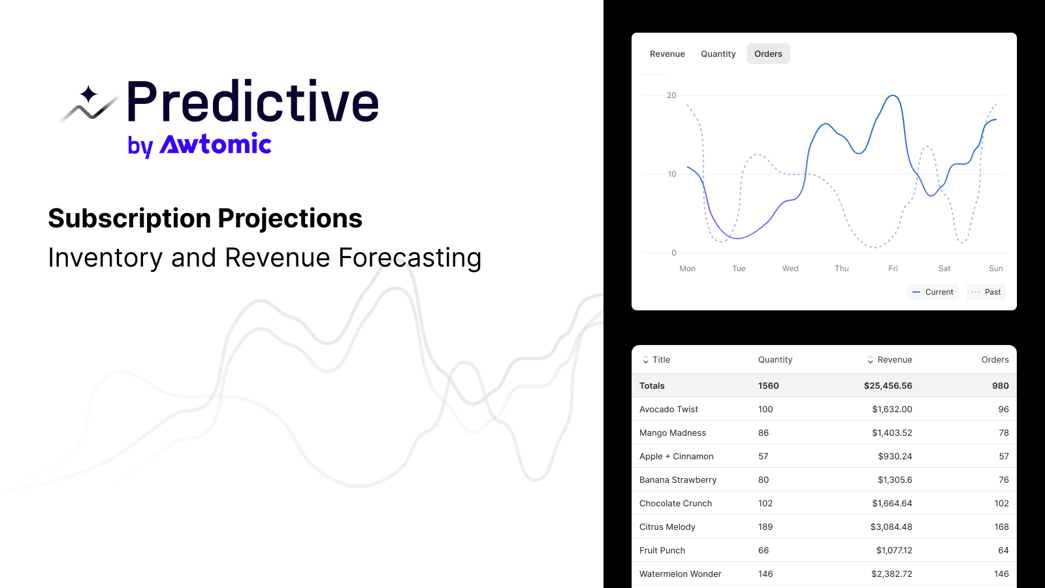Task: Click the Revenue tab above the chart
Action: (x=667, y=54)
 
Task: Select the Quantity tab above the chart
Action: (x=718, y=54)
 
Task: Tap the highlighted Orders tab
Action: (x=768, y=54)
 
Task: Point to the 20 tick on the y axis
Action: (x=671, y=95)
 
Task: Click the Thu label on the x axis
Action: (x=841, y=269)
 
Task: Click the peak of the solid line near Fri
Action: (x=893, y=96)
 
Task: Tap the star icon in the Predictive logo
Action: (x=89, y=95)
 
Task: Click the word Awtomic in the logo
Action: (x=216, y=144)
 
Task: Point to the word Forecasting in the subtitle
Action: (x=410, y=258)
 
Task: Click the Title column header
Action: (x=660, y=360)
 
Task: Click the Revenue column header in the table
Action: (x=893, y=360)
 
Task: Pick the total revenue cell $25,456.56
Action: (x=888, y=386)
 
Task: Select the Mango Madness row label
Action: (x=672, y=433)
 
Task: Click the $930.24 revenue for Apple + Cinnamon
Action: (x=895, y=457)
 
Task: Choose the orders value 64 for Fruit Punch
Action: (x=1003, y=551)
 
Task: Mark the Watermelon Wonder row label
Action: (x=680, y=574)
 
